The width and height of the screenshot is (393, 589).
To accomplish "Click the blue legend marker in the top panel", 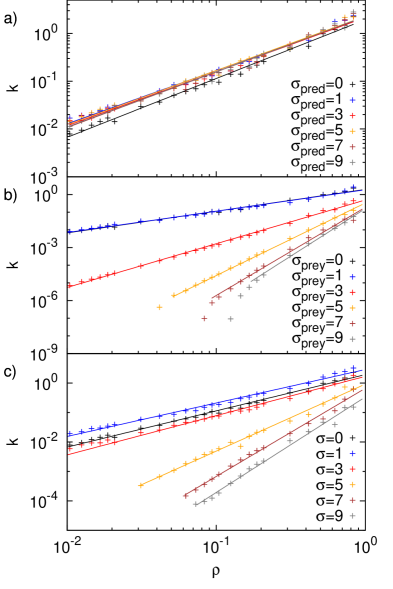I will coord(352,100).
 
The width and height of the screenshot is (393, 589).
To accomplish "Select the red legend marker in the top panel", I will coord(352,116).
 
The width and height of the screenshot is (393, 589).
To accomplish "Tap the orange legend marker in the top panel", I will coord(352,131).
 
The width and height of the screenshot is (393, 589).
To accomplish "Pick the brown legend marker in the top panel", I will coord(352,147).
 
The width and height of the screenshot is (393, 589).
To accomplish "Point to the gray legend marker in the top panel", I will coord(352,162).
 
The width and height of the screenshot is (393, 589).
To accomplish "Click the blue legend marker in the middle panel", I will coord(352,277).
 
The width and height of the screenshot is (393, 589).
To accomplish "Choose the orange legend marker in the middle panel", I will coord(352,308).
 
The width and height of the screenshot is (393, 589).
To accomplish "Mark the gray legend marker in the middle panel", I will coord(352,339).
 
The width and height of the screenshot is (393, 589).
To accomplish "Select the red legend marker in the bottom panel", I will coord(352,469).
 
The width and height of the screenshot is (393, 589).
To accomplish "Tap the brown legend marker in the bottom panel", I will coord(352,500).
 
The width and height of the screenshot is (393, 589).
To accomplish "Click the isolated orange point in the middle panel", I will coord(159,307).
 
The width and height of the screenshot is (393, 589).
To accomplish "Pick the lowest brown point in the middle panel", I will coord(204,318).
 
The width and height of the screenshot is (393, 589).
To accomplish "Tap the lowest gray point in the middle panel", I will coord(230,319).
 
